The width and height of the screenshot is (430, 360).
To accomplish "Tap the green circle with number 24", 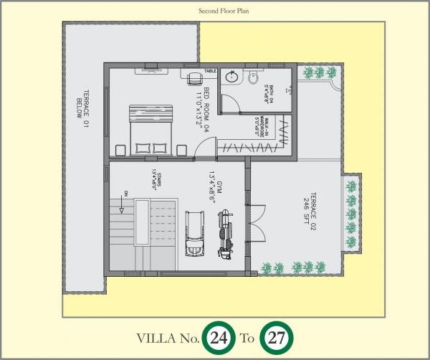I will (219, 338).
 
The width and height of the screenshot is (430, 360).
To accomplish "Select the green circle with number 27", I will (275, 338).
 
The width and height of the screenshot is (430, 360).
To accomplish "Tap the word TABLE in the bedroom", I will (210, 71).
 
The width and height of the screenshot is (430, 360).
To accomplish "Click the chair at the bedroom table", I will (194, 80).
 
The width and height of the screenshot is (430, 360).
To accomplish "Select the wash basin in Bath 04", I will (232, 77).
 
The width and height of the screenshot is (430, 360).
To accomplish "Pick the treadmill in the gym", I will (194, 233).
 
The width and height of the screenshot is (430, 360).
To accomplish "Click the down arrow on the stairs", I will (123, 202).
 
